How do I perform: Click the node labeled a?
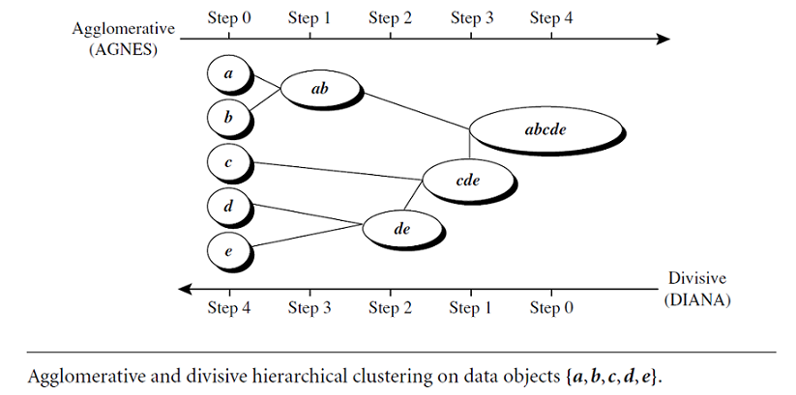coord(228,73)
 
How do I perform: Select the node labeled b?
coord(228,118)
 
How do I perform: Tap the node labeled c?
coord(228,162)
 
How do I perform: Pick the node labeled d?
coord(228,207)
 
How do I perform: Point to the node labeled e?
coord(228,252)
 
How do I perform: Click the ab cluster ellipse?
coord(320,89)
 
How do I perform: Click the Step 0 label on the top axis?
coord(229,17)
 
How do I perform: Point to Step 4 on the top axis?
coord(551,17)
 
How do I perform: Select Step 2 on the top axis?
coord(390,17)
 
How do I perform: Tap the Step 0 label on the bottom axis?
coord(551,308)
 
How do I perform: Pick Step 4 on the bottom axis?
coord(229,308)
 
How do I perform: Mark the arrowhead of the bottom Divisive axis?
coord(184,288)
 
